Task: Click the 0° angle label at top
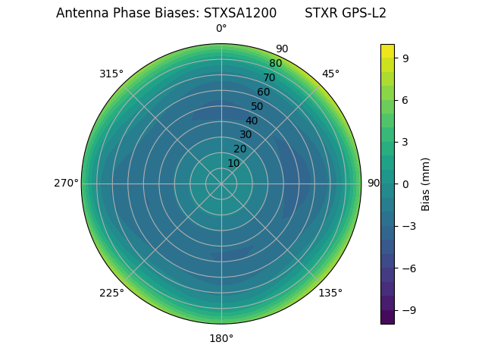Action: pos(221,29)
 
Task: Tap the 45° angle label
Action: pos(330,74)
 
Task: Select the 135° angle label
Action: pos(330,293)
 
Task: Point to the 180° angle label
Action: pos(221,338)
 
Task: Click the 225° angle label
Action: pos(111,293)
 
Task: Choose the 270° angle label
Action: pos(66,184)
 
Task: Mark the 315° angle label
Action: pos(111,74)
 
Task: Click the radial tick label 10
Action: pos(233,163)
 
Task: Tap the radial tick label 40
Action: pos(252,121)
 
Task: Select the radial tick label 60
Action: pos(263,93)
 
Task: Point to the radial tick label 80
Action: pos(275,64)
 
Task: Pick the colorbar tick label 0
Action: pos(405,184)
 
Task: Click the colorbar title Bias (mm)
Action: pos(426,184)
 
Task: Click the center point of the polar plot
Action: pos(221,184)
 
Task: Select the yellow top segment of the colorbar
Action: pos(387,51)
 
